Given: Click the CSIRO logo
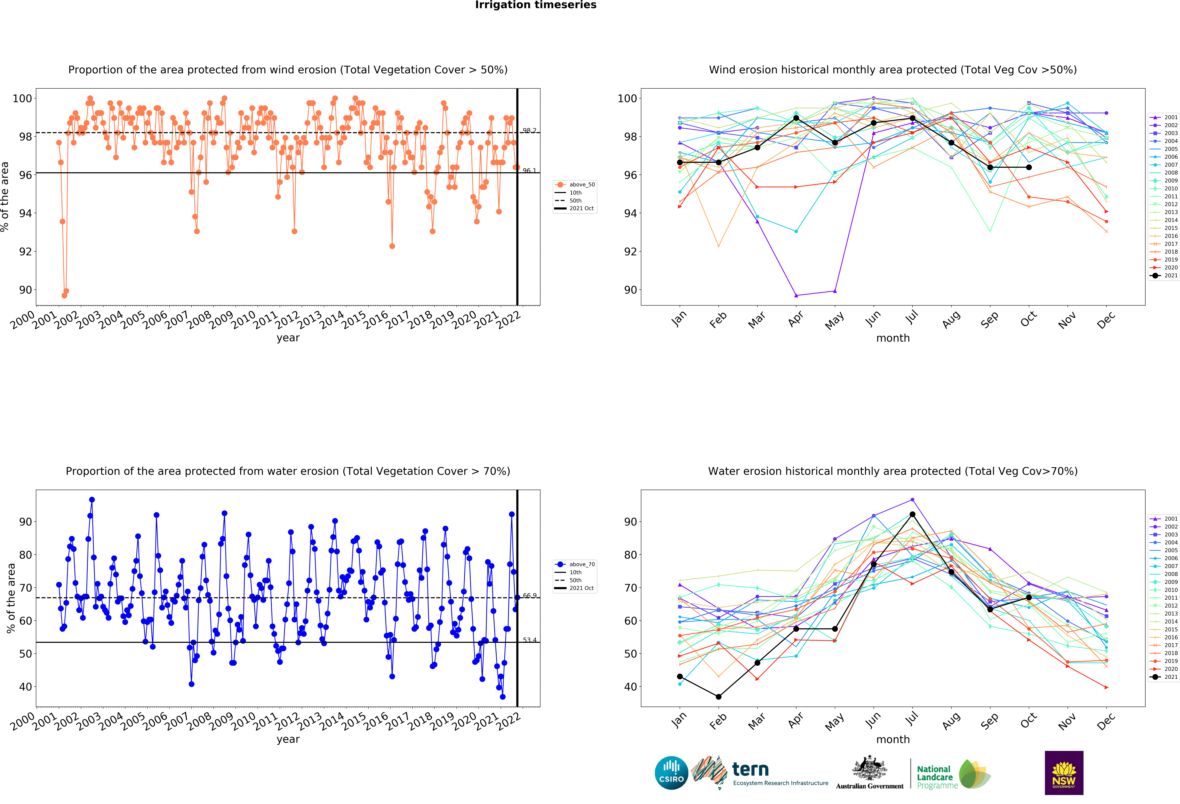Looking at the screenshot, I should click(671, 773).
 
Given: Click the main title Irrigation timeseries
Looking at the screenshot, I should click(536, 5).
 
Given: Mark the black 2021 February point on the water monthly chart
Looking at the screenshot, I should click(718, 697).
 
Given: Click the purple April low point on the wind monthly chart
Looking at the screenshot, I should click(796, 295).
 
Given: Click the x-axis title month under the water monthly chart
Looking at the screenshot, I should click(893, 740).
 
